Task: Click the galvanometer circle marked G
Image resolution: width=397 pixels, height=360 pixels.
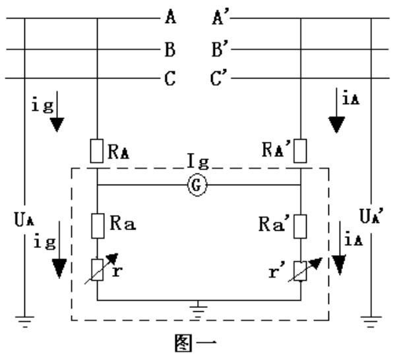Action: point(197,185)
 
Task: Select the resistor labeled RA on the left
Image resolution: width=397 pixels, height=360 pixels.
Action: point(97,151)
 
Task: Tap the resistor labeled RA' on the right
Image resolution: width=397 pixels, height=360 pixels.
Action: point(300,151)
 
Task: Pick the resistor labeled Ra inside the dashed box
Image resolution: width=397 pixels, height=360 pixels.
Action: point(98,226)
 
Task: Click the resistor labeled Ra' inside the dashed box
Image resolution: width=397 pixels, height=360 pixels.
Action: point(300,226)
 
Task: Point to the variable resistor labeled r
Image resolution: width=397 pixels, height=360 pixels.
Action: point(98,270)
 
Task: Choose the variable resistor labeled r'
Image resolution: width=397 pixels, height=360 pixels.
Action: point(301,271)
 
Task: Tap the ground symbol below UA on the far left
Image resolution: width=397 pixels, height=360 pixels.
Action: point(24,322)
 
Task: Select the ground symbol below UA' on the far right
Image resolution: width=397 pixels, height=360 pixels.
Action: point(371,322)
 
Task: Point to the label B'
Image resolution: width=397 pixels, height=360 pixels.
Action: point(220,48)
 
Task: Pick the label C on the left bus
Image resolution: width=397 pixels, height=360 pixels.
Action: point(170,78)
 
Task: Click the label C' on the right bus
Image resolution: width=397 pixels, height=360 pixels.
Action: point(219,77)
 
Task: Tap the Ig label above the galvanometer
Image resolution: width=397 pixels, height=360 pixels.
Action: point(198,161)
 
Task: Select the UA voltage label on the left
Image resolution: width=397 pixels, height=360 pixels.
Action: point(24,220)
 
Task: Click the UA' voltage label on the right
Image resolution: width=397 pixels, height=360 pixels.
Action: point(371,216)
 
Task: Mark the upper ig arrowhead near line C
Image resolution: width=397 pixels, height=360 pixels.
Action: point(57,125)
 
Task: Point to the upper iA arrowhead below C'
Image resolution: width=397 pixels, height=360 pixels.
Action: point(336,125)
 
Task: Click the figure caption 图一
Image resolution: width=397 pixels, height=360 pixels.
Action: point(196,343)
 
